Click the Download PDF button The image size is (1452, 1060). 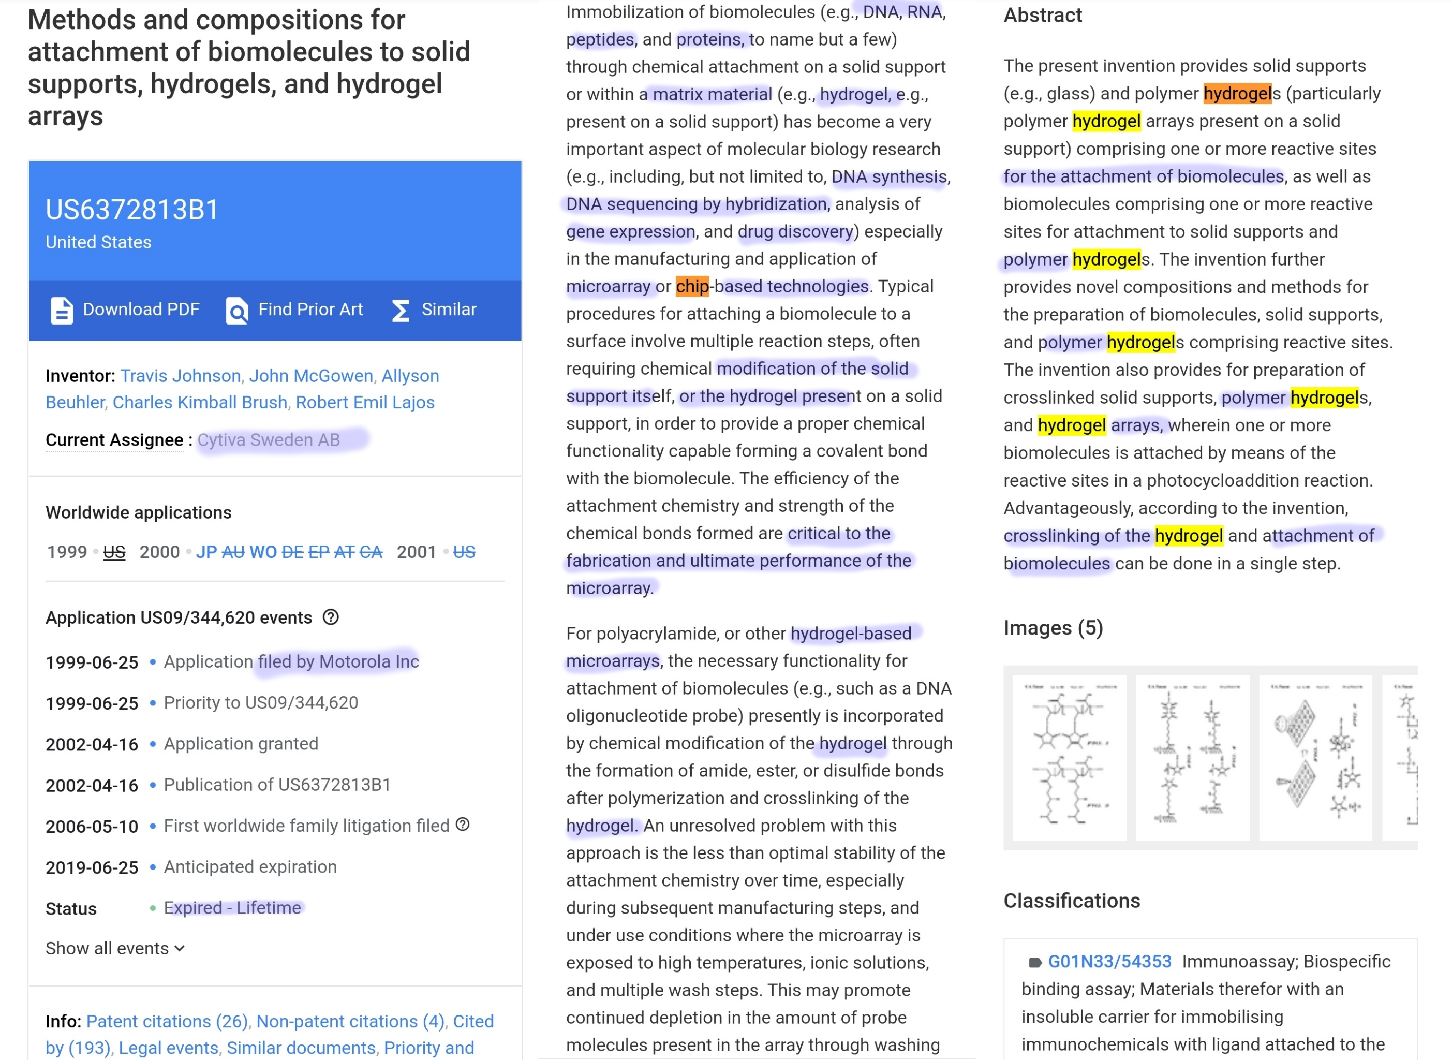126,310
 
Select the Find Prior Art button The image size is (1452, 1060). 294,310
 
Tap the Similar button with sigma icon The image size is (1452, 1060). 434,310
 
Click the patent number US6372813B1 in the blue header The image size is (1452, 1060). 132,210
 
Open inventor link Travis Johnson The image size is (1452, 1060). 180,375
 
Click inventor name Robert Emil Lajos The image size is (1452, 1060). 365,402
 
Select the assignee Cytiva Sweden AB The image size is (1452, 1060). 269,439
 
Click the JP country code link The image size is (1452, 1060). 206,552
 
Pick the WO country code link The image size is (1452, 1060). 263,552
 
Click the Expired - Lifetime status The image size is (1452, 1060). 232,908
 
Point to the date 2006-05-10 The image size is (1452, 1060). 92,827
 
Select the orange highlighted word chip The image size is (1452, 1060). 692,286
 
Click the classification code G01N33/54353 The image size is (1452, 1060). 1109,961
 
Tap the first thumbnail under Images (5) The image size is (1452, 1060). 1069,757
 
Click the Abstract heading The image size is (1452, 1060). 1043,15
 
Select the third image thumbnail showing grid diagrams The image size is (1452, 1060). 1315,757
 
